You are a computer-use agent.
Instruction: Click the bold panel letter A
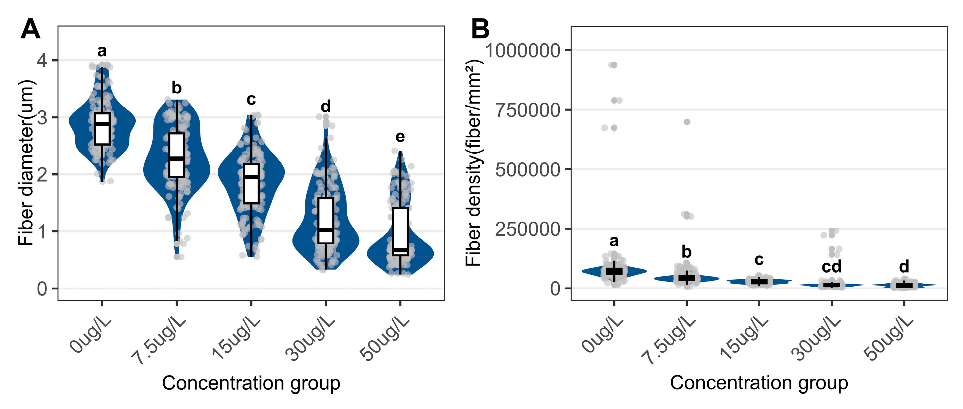click(x=30, y=29)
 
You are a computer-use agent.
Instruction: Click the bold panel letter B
click(x=480, y=29)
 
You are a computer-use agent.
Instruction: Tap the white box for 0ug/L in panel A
click(x=102, y=129)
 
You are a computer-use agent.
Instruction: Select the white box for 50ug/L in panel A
click(x=400, y=232)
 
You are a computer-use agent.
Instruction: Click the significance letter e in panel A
click(x=400, y=137)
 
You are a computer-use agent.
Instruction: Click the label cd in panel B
click(x=831, y=267)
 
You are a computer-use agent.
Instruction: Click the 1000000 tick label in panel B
click(x=522, y=50)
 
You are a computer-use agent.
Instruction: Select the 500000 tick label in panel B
click(x=527, y=170)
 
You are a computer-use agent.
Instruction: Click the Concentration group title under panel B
click(x=758, y=383)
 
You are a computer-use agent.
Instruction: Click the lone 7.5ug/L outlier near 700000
click(x=687, y=122)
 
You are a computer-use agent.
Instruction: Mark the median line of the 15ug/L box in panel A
click(x=251, y=177)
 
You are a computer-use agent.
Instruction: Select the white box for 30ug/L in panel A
click(x=326, y=220)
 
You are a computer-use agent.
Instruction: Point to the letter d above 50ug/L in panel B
click(x=904, y=267)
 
